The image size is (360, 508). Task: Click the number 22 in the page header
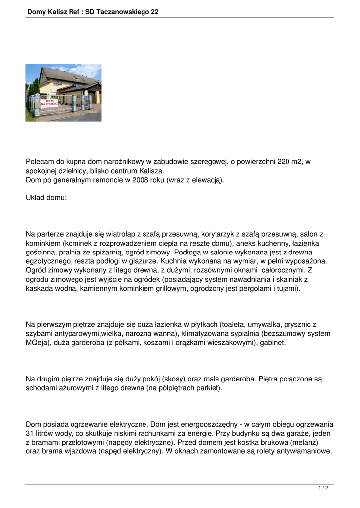154,11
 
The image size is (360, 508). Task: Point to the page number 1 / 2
323,488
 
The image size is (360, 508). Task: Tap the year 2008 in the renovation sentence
142,180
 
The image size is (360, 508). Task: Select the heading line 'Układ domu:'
46,197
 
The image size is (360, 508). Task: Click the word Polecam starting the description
39,162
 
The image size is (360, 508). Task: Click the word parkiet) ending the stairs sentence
208,388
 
